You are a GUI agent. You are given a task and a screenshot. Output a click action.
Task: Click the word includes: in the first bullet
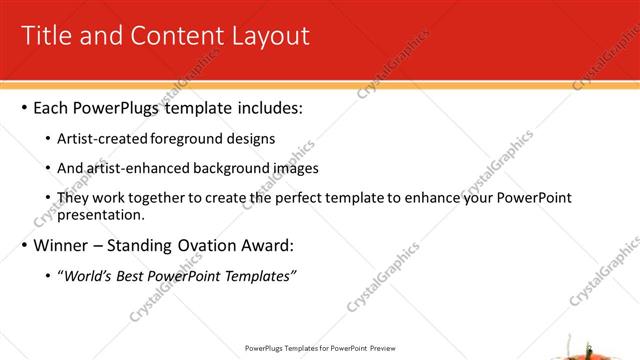pos(266,107)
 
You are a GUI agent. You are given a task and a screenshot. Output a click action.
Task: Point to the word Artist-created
pos(103,138)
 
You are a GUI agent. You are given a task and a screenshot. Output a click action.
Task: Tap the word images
pos(294,168)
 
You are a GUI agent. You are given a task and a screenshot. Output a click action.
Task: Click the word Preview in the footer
pos(383,348)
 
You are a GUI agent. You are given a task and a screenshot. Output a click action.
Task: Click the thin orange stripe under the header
pos(320,82)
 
